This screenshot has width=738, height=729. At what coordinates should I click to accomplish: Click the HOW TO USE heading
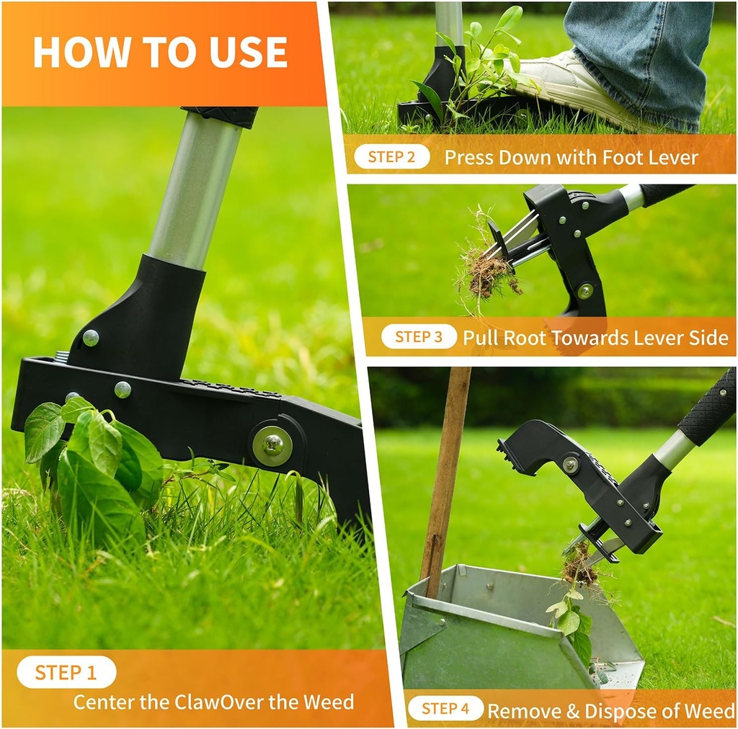click(x=160, y=52)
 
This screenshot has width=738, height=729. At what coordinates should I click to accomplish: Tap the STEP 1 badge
click(x=66, y=672)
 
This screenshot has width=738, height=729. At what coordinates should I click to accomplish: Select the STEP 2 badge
click(x=391, y=156)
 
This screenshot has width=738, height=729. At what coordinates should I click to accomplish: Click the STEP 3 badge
click(x=419, y=336)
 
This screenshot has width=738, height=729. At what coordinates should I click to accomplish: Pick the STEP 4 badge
click(x=445, y=708)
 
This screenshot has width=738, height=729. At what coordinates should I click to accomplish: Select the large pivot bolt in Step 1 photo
click(x=272, y=445)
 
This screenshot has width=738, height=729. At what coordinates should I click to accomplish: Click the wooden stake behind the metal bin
click(x=445, y=475)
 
